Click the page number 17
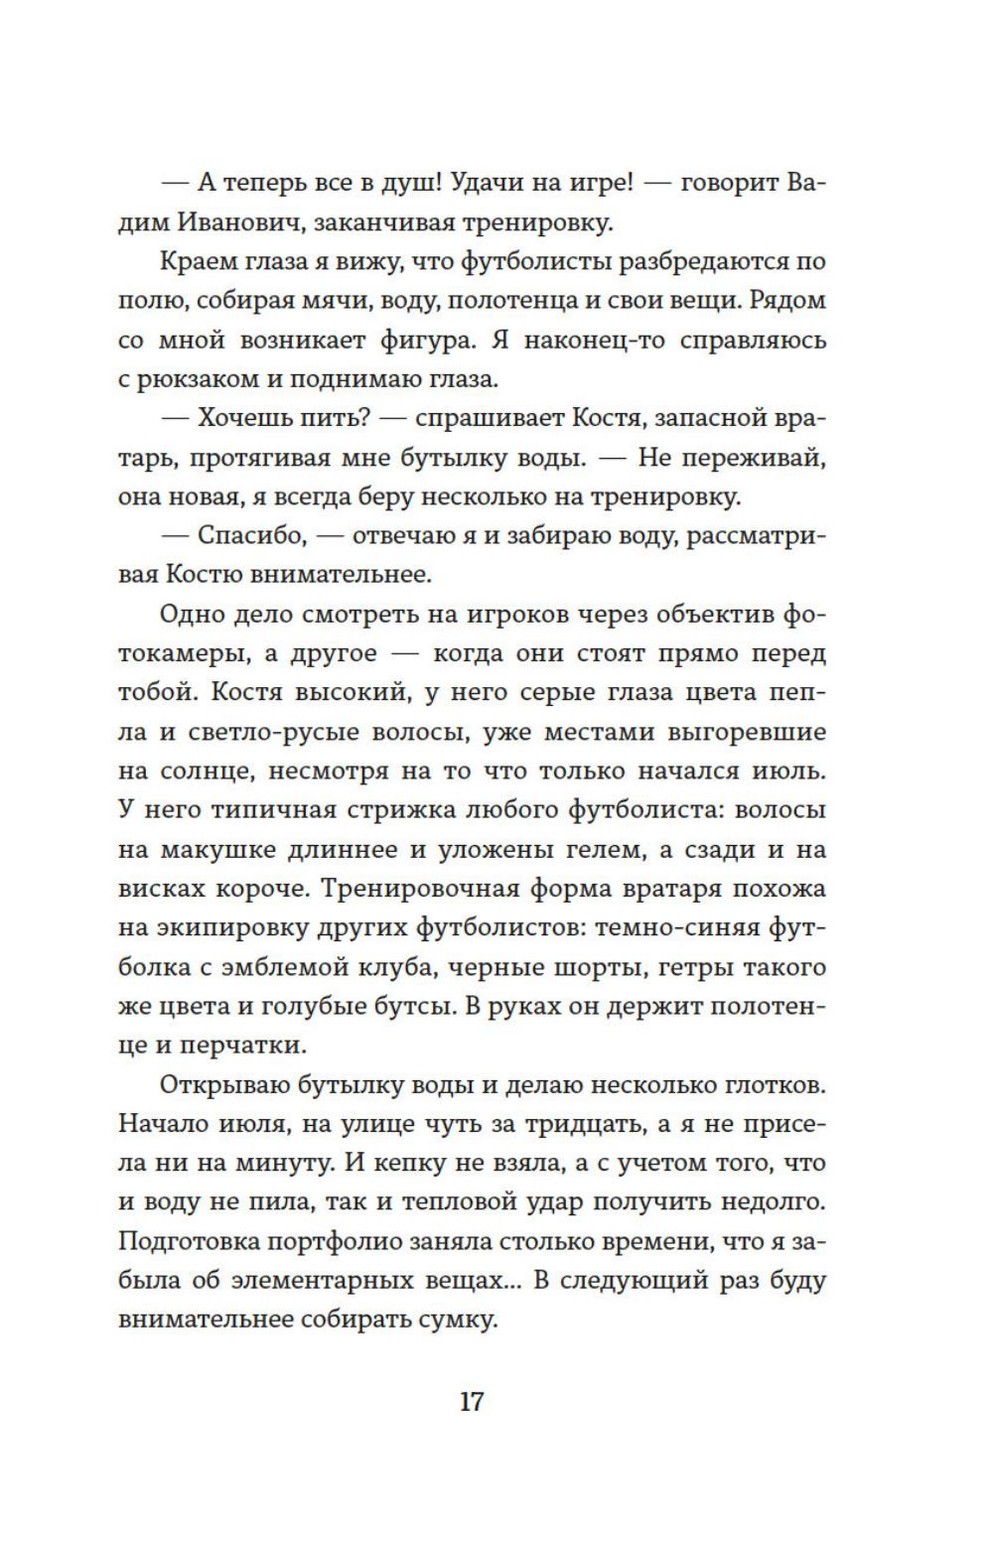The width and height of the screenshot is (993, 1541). pyautogui.click(x=472, y=1401)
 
